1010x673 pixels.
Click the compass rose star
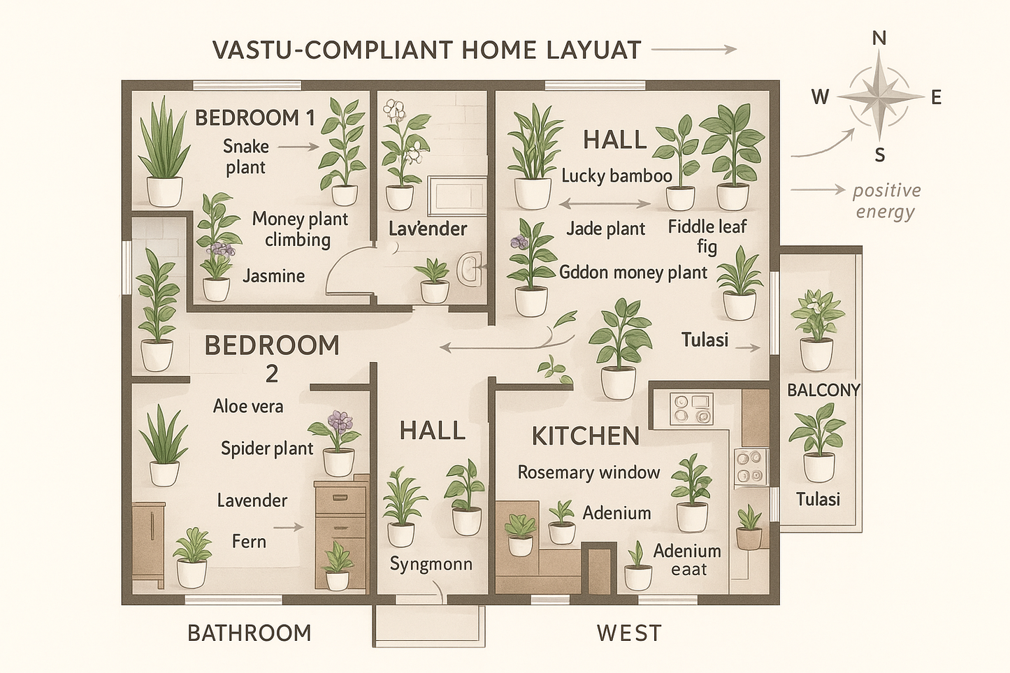[x=880, y=96]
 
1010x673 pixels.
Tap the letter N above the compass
[x=880, y=38]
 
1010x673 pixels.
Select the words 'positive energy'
[x=886, y=201]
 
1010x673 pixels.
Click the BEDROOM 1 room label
[x=254, y=117]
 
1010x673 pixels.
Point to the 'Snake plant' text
[x=245, y=157]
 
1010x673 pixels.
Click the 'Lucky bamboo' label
[x=616, y=175]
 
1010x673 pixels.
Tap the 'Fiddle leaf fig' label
[x=707, y=236]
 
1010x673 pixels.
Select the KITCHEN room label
[x=585, y=436]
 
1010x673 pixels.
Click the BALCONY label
[x=823, y=390]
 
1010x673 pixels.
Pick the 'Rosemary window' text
[x=589, y=472]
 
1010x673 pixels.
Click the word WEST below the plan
[x=628, y=633]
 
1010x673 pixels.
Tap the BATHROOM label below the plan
[x=249, y=633]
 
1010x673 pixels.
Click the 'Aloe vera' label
[x=248, y=406]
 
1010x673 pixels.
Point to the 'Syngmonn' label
[x=431, y=564]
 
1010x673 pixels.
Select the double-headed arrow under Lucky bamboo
[x=605, y=204]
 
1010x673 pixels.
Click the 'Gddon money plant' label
[x=633, y=273]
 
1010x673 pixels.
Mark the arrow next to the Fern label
[x=289, y=528]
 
